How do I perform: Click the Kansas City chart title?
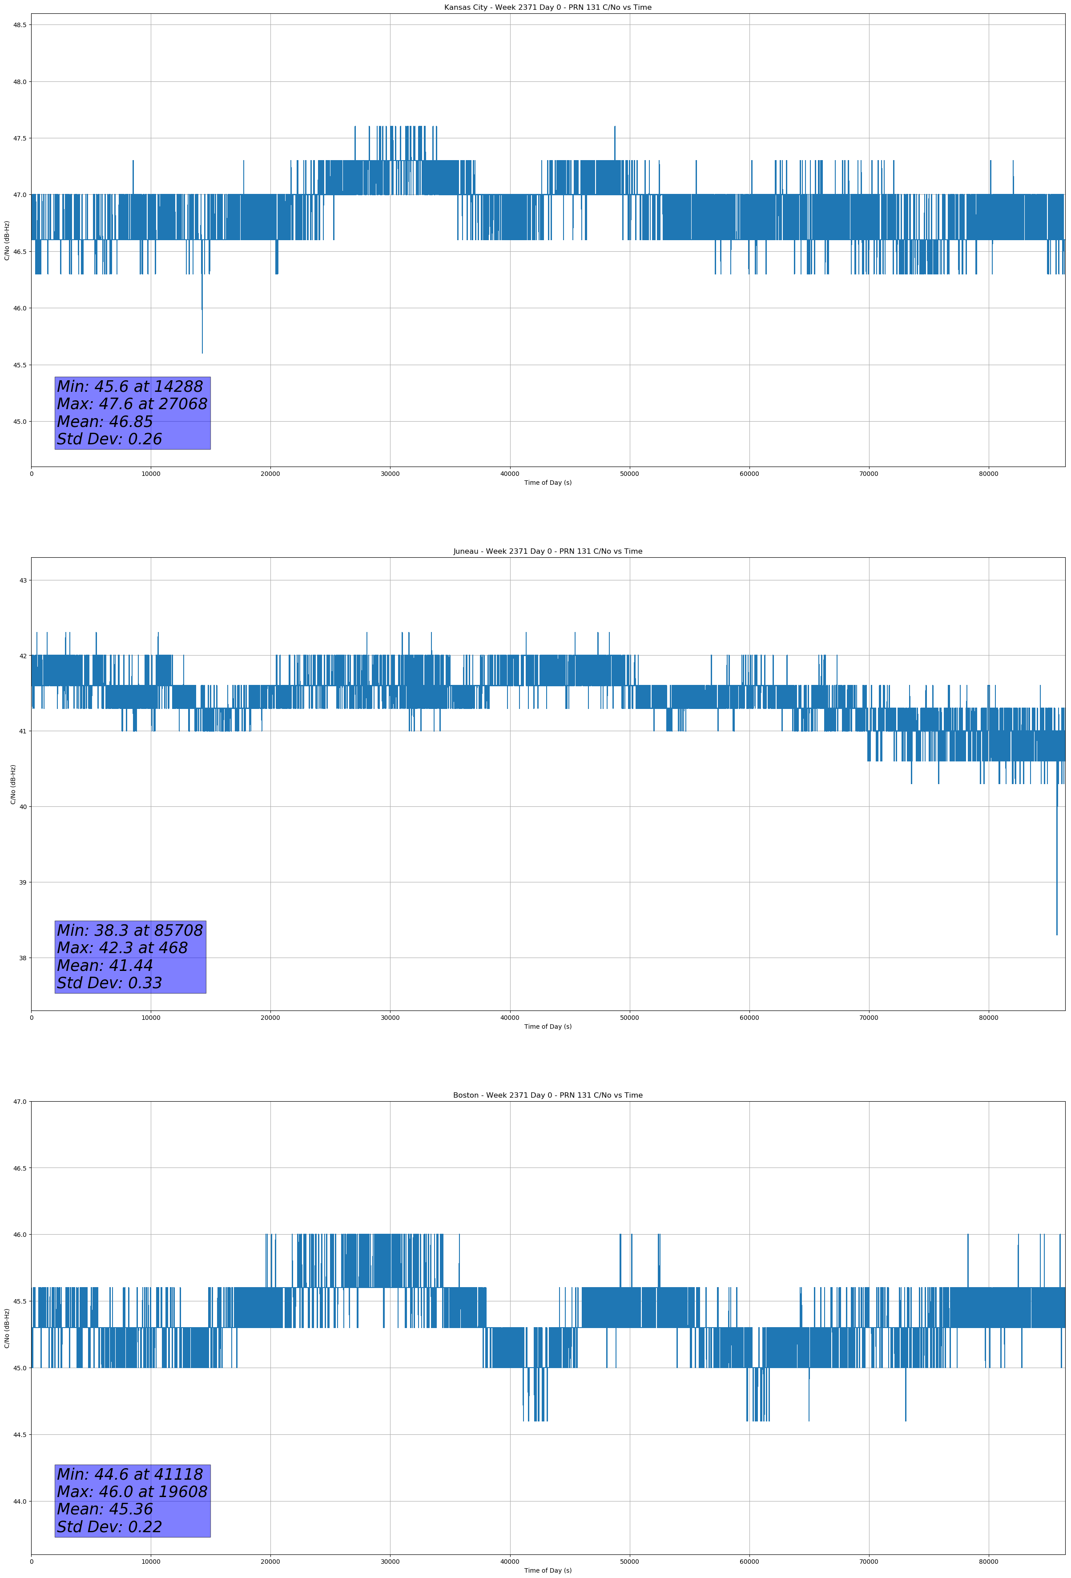point(548,8)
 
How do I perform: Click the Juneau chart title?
point(548,551)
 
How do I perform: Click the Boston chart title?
point(548,1095)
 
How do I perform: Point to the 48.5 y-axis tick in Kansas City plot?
point(19,25)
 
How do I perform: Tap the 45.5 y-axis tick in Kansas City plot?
point(19,365)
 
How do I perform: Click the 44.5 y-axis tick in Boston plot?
point(19,1435)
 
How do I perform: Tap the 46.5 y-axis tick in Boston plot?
point(19,1168)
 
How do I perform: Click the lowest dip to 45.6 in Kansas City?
point(202,352)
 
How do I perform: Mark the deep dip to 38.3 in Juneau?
point(1057,934)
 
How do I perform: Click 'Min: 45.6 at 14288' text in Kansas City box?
point(130,386)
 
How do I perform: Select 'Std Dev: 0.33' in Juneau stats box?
point(109,982)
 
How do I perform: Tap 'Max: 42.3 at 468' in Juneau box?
point(122,948)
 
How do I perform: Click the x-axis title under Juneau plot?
point(548,1027)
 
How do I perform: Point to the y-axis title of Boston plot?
point(7,1328)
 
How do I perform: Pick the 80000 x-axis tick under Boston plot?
point(988,1562)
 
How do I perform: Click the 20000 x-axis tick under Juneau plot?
point(270,1018)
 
